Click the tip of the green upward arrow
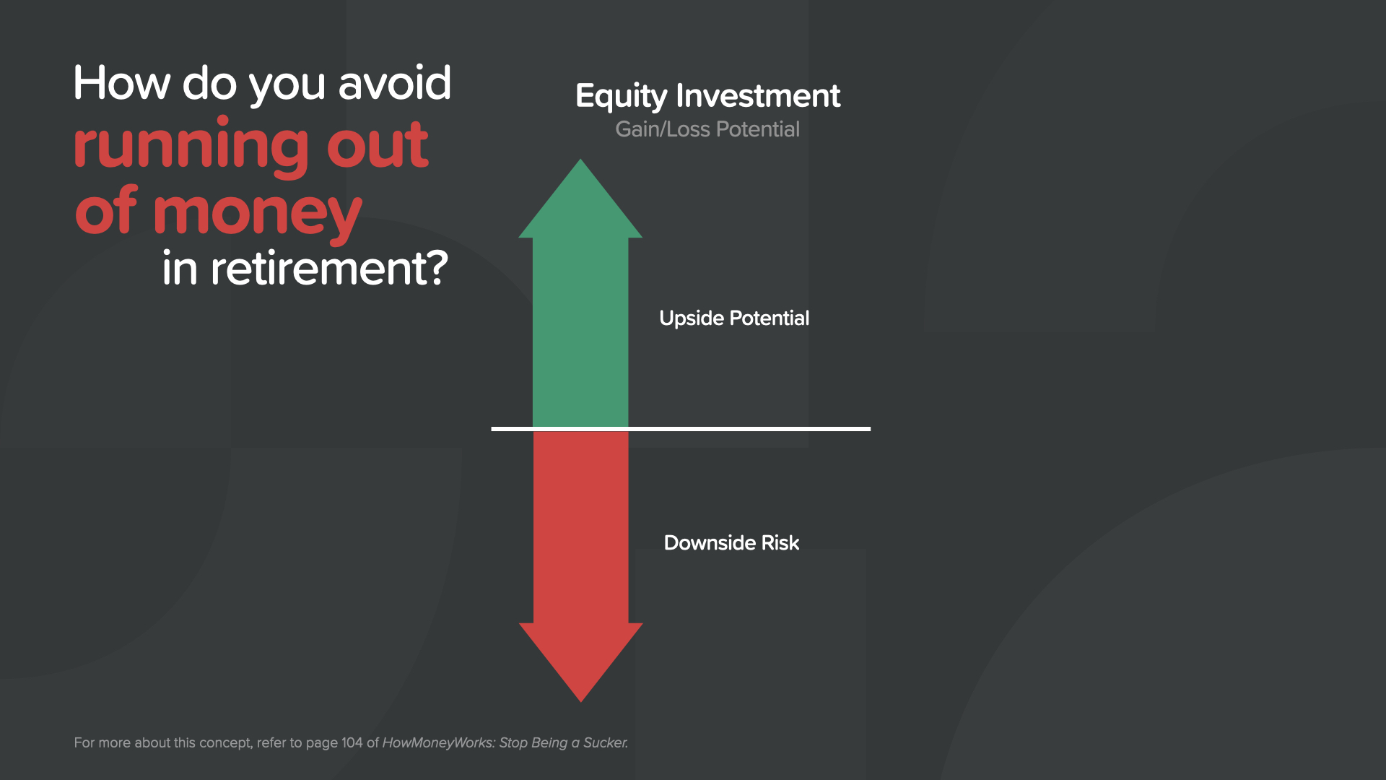[x=580, y=160]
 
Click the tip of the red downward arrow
[x=581, y=701]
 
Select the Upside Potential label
[x=734, y=318]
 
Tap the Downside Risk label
[x=731, y=543]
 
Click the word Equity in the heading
[x=622, y=97]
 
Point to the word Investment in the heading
[x=758, y=95]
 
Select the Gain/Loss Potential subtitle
[x=707, y=129]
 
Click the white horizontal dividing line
[x=681, y=429]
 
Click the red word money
[x=258, y=214]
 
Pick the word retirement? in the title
[x=329, y=268]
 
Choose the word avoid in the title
[x=395, y=83]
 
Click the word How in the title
[x=122, y=83]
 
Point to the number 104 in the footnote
[x=352, y=743]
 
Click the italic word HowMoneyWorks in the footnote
[x=437, y=743]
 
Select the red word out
[x=378, y=146]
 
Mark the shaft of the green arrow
[x=580, y=332]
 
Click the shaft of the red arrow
[x=581, y=527]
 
